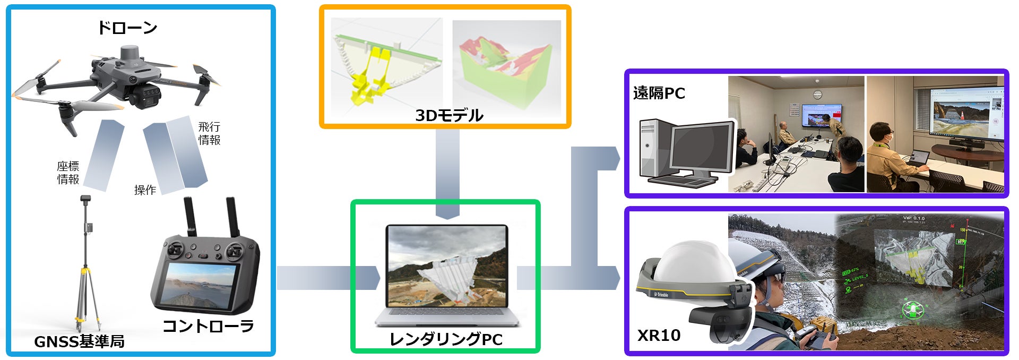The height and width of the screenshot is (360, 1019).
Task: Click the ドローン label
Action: click(x=127, y=28)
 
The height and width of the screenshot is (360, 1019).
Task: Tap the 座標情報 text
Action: click(x=68, y=173)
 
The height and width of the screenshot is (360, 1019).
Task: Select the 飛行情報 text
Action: click(x=209, y=133)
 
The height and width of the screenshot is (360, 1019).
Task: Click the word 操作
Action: click(x=145, y=190)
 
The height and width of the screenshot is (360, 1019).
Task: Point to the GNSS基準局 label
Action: click(x=80, y=341)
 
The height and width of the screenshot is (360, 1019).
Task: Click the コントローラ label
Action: click(x=208, y=326)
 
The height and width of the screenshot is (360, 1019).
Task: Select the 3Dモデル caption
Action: click(x=449, y=115)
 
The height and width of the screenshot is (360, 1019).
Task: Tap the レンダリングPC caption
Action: click(x=446, y=339)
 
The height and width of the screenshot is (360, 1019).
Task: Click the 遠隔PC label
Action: click(x=659, y=93)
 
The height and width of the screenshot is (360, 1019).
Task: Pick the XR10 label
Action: click(x=659, y=335)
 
